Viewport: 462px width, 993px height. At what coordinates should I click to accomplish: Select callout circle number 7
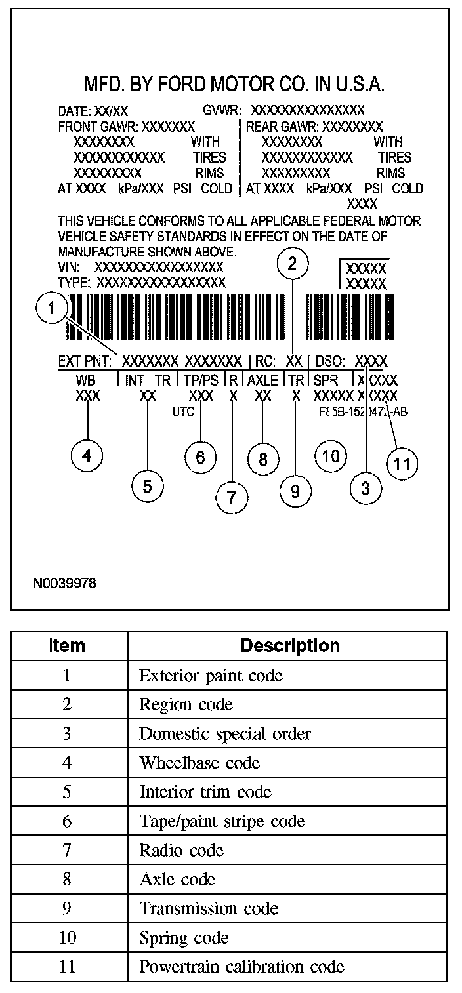[232, 497]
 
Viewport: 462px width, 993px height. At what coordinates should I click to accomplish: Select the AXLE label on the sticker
[262, 380]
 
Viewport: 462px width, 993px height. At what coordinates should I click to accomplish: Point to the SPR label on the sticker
[325, 380]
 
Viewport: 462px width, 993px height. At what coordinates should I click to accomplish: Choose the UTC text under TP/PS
[184, 412]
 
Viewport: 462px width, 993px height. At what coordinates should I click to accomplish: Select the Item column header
[67, 645]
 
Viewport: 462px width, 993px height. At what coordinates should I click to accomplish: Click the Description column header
[289, 645]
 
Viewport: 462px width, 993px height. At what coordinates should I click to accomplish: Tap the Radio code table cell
[181, 851]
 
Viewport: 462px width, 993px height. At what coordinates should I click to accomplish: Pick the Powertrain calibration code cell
[241, 966]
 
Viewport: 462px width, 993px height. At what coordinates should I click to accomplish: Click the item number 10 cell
[67, 937]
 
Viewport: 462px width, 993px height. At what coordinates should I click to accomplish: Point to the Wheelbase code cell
[199, 763]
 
